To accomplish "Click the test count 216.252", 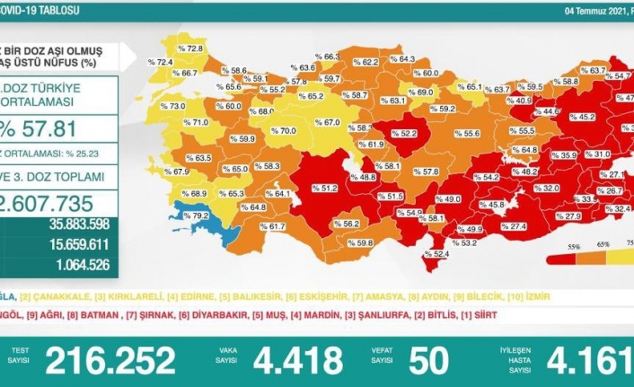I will coord(110,360).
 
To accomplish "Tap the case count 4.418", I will coord(297,360).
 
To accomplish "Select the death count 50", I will coord(427,360).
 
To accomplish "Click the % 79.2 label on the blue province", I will coord(195,216).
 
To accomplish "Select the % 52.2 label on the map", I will coord(404,134).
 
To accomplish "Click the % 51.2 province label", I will coord(324,189).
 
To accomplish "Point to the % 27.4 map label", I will coord(512,226).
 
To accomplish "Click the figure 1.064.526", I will coord(80,263).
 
